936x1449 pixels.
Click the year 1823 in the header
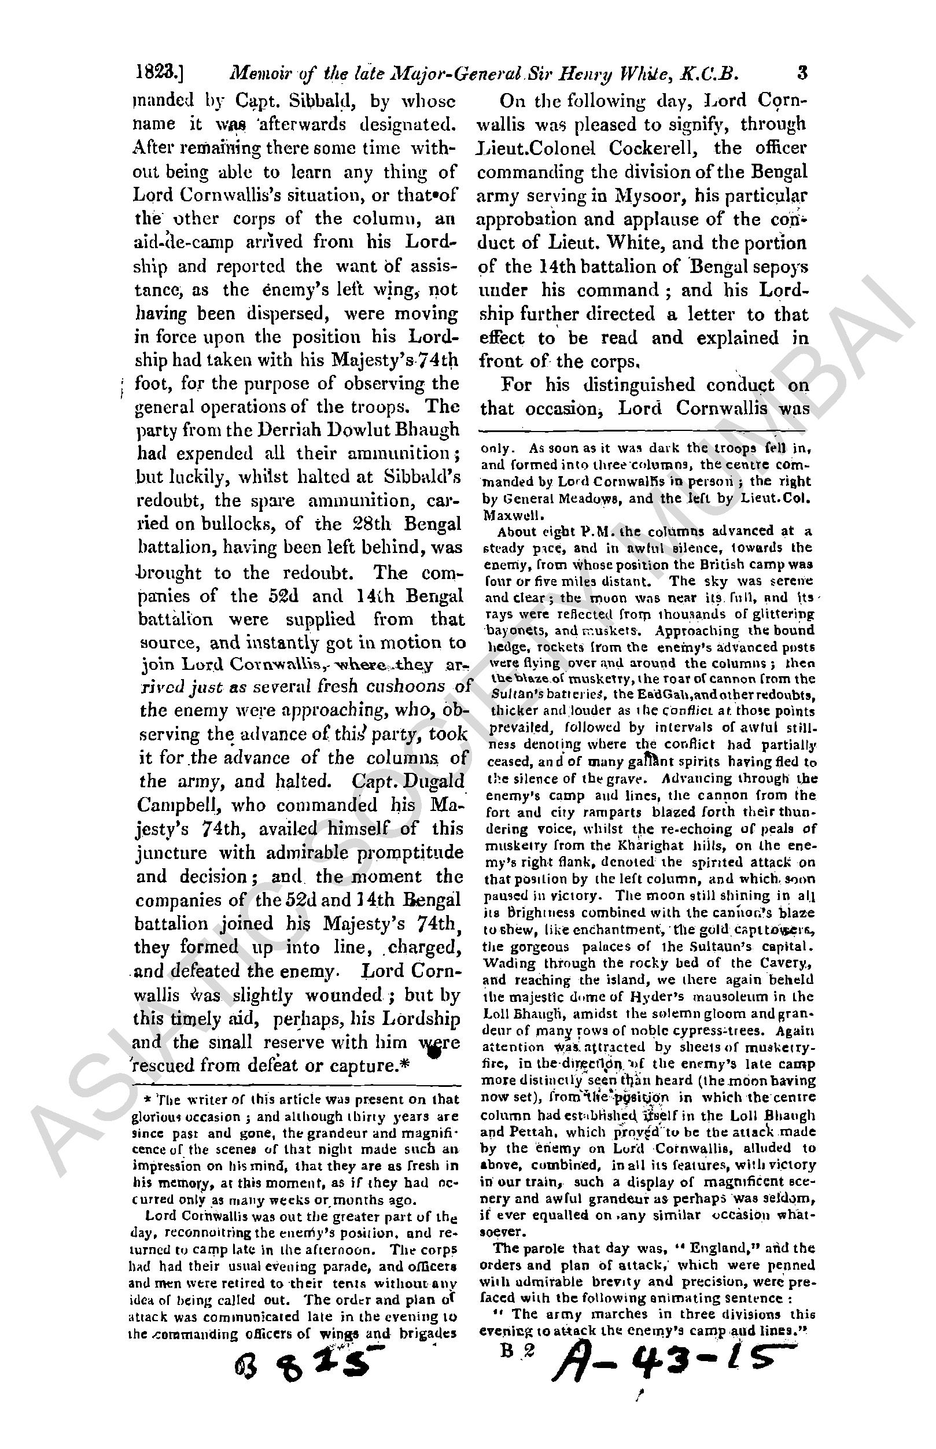(x=156, y=74)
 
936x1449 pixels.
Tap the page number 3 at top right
(x=802, y=73)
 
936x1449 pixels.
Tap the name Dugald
(x=433, y=781)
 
